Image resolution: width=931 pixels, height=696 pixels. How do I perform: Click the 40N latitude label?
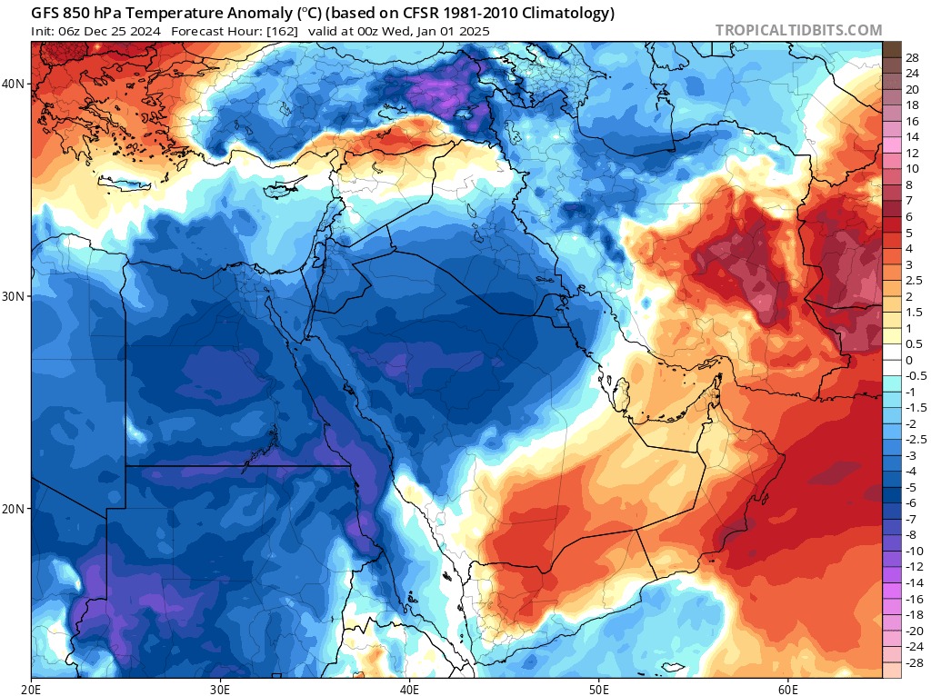click(13, 84)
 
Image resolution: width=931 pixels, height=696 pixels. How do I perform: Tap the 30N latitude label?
click(13, 296)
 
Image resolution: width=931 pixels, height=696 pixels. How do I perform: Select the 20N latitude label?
click(13, 509)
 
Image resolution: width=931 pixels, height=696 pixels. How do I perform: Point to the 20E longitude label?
click(31, 689)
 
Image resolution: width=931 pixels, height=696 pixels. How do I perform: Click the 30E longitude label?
click(220, 689)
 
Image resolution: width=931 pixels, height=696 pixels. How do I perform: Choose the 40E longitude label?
click(410, 689)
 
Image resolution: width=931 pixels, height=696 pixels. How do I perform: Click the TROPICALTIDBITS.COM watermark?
click(798, 30)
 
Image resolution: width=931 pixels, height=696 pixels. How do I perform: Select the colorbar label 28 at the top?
click(912, 58)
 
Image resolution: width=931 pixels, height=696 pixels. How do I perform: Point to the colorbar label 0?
click(909, 360)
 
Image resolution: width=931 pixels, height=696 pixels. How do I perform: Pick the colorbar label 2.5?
click(914, 281)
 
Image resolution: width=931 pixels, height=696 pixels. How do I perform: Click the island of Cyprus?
click(284, 188)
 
